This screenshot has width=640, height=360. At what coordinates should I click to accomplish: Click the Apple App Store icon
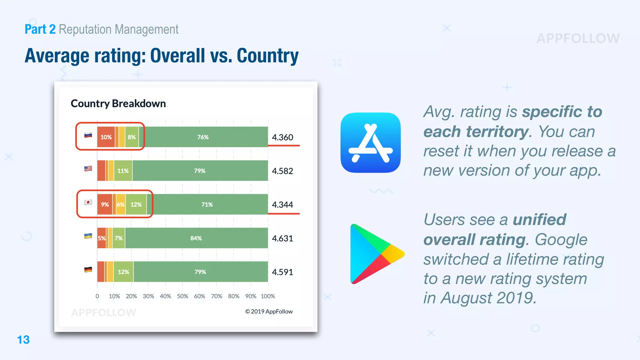(370, 142)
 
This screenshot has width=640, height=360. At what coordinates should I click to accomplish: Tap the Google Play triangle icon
(375, 254)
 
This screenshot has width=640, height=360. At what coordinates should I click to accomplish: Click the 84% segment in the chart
(196, 238)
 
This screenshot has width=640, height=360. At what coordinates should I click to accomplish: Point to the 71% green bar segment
(207, 204)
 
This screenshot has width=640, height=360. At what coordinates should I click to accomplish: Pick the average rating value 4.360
(282, 137)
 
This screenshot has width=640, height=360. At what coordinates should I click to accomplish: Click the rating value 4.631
(282, 238)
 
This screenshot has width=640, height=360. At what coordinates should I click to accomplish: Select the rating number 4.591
(282, 272)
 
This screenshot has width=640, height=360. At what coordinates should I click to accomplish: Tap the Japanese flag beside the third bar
(88, 202)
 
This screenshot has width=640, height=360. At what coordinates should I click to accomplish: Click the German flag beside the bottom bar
(88, 269)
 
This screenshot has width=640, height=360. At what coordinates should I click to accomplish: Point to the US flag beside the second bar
(88, 168)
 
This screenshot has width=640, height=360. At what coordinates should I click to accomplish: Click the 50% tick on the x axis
(182, 296)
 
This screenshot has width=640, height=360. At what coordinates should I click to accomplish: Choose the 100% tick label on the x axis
(268, 296)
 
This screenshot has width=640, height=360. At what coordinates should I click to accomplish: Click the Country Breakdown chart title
(118, 103)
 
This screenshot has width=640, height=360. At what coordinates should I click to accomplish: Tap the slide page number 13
(23, 340)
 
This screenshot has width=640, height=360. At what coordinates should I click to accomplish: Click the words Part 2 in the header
(40, 29)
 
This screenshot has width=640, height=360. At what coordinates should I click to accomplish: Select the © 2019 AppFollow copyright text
(269, 312)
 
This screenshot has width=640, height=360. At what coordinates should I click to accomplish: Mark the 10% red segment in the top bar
(106, 137)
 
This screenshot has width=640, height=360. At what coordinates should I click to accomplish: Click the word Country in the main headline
(267, 56)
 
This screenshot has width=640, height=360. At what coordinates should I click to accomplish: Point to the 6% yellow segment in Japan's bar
(121, 204)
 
